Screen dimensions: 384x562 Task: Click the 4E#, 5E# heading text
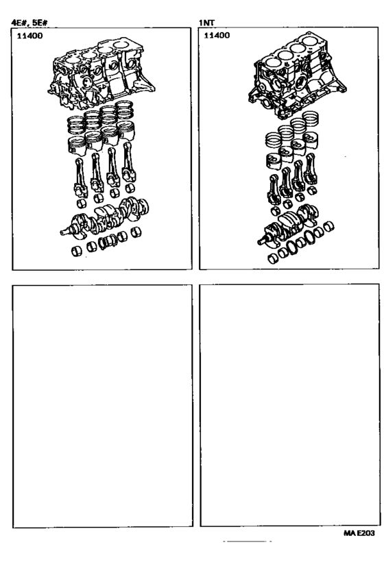coord(29,23)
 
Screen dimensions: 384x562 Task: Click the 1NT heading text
coord(206,23)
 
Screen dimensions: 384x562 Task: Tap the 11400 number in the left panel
coord(29,36)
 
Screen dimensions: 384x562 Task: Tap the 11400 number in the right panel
coord(217,35)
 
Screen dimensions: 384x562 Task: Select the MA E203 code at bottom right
coord(359,533)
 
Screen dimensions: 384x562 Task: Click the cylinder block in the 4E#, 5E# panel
coord(101,73)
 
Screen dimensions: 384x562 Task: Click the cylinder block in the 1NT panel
coord(297,77)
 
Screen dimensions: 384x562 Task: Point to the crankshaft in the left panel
coord(105,219)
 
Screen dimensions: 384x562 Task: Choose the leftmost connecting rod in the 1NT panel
coord(274,189)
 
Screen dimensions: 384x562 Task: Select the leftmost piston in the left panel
coord(77,146)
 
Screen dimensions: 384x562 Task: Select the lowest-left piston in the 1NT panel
coord(274,162)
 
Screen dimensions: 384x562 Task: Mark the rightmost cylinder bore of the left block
coord(123,45)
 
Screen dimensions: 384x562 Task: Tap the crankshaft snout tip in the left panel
coord(62,233)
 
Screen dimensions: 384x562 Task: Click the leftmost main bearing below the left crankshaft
coord(77,252)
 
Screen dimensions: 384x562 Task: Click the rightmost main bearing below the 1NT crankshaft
coord(328,227)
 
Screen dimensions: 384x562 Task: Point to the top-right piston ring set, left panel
coord(124,110)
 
